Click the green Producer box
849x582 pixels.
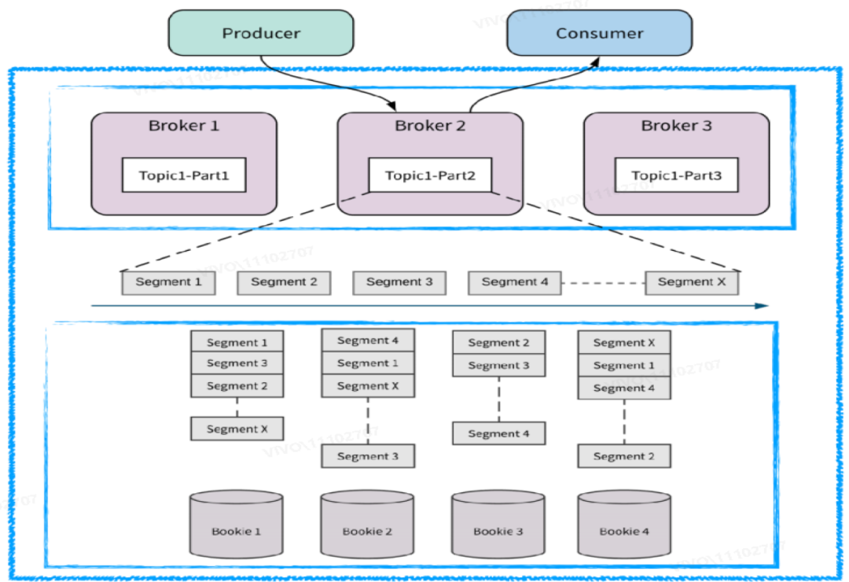coord(261,33)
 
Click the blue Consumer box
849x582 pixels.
coord(599,33)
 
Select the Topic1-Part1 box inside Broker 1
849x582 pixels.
coord(184,175)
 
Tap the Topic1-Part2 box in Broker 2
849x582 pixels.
coord(430,175)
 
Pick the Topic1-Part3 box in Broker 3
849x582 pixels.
coord(676,175)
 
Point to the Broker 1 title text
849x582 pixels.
coord(184,126)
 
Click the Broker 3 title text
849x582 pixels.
coord(676,126)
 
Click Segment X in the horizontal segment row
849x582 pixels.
coord(692,282)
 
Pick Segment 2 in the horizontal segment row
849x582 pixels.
coord(284,282)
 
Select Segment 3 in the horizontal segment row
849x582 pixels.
coord(399,282)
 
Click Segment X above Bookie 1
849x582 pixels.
coord(237,429)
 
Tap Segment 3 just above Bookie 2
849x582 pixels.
coord(367,456)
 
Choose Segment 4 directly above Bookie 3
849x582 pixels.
coord(498,433)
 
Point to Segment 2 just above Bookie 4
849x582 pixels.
coord(624,456)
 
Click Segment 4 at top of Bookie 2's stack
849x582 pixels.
coord(367,341)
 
